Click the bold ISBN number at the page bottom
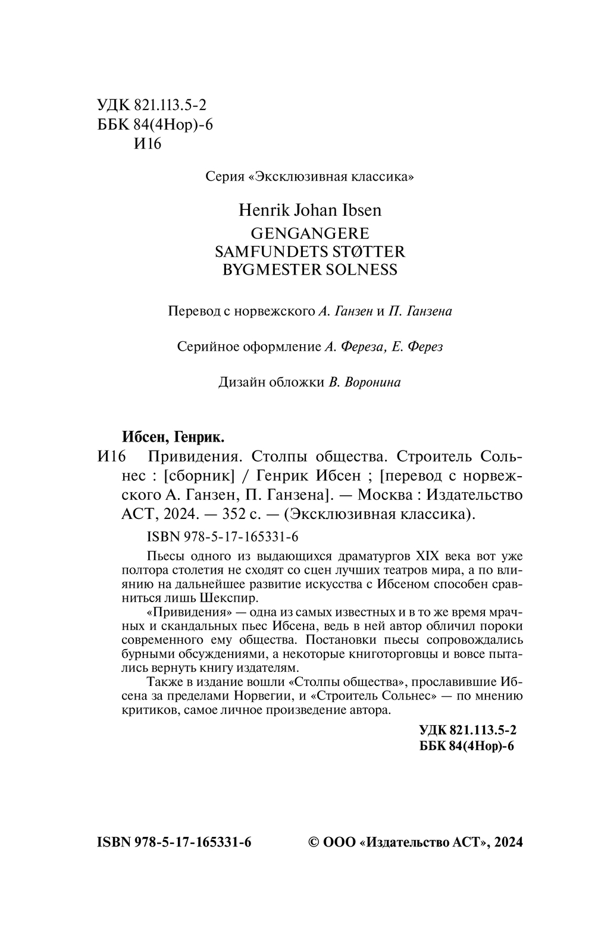pyautogui.click(x=174, y=842)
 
